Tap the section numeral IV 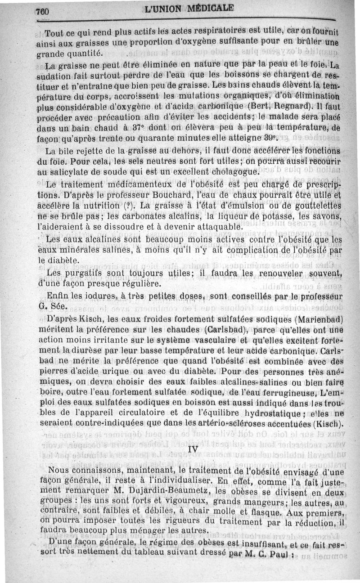click(x=193, y=449)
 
